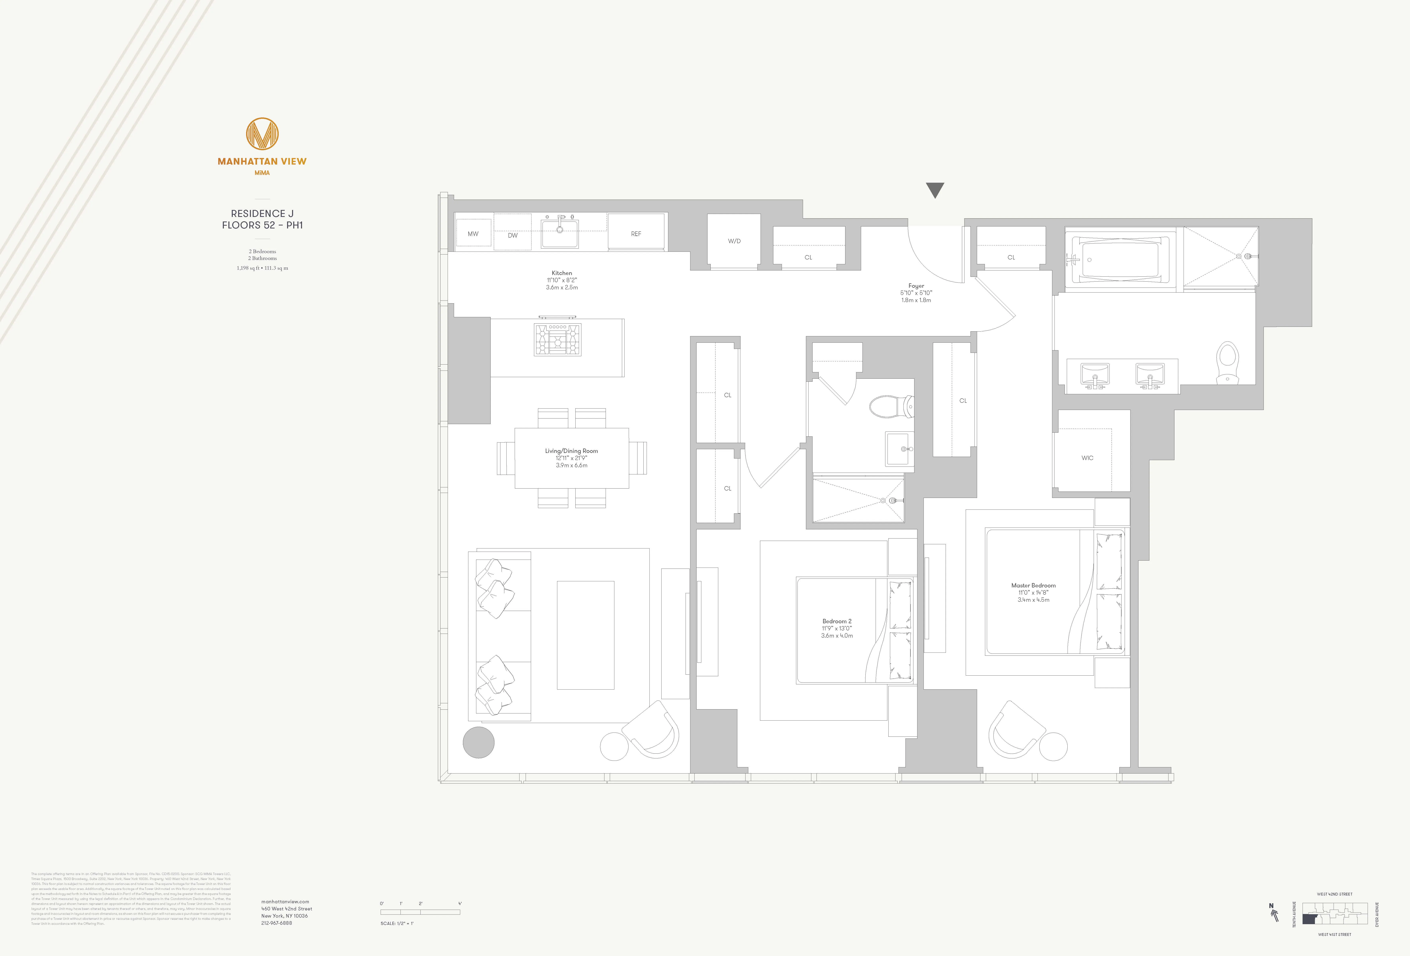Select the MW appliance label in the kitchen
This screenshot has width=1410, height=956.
click(473, 234)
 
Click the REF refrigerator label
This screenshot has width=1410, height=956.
click(636, 234)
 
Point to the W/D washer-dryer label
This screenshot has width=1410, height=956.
click(734, 241)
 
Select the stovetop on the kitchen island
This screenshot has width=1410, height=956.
click(557, 339)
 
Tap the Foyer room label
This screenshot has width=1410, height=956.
click(916, 286)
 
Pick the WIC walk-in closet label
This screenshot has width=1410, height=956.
click(1087, 458)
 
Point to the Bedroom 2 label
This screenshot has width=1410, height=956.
click(837, 621)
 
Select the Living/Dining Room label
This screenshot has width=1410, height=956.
click(571, 451)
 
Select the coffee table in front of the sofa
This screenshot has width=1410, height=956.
click(586, 635)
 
